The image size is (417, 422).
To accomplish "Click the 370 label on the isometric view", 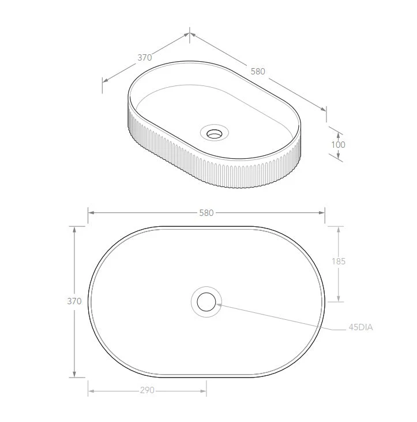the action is pos(145,57).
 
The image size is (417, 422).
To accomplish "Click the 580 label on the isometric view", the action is pos(258,72).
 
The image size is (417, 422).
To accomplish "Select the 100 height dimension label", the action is pos(338,145).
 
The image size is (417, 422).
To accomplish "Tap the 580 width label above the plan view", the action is pos(206,213).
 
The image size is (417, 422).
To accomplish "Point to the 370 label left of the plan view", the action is pos(74,301).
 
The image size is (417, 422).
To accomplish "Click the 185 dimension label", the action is pos(339,262).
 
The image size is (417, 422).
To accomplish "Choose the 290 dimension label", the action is pos(147,390).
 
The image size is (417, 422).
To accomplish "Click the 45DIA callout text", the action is pos(361,327).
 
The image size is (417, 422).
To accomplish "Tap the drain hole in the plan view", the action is pos(206,302).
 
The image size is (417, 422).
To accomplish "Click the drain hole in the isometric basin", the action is pos(214,133).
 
